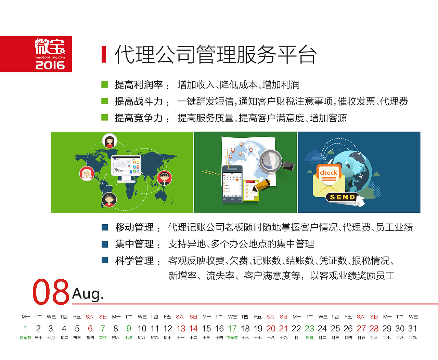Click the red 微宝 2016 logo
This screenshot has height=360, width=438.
click(x=36, y=54)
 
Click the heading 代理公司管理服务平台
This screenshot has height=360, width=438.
click(x=216, y=55)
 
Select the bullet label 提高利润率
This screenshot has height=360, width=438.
click(x=139, y=85)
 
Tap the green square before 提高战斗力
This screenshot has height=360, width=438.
click(x=105, y=101)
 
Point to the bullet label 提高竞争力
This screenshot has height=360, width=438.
click(x=139, y=118)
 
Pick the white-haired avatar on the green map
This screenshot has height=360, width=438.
click(x=87, y=173)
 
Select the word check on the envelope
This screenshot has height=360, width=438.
click(x=328, y=173)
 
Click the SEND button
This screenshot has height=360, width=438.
click(x=342, y=197)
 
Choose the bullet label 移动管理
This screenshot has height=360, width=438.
click(x=134, y=227)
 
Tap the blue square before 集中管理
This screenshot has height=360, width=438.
click(x=105, y=244)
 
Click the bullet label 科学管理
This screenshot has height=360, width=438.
click(x=134, y=261)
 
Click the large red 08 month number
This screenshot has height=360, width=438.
click(x=51, y=292)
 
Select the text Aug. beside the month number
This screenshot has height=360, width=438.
click(x=88, y=294)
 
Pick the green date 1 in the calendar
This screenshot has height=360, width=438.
click(x=25, y=329)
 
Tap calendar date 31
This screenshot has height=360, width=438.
click(x=413, y=329)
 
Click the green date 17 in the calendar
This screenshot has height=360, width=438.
click(x=232, y=329)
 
